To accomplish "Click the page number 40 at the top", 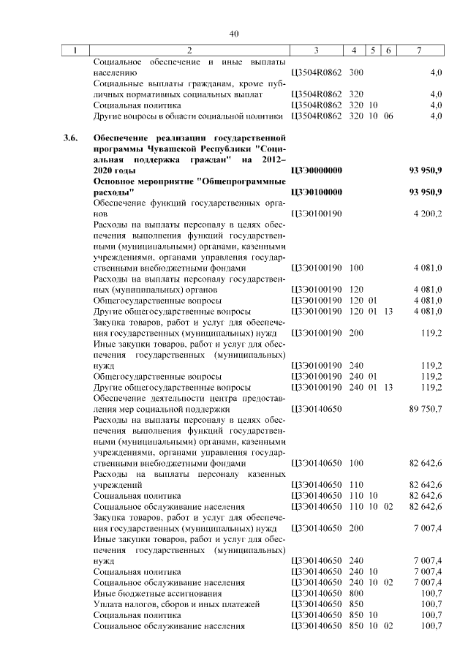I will pos(234,34).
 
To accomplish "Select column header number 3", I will pos(316,50).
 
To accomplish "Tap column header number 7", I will pos(418,50).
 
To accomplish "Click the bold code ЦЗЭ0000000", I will pos(317,170).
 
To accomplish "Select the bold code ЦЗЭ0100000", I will pos(317,192).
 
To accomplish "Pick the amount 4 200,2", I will pos(426,213).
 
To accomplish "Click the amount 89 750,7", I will pos(426,409).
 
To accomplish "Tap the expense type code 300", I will pos(357,73).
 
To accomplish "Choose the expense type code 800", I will pos(357,593).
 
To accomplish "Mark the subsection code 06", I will pos(388,116).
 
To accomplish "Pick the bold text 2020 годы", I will pos(116,170).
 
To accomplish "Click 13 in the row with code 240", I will pos(388,386).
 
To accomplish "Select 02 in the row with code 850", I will pos(388,625).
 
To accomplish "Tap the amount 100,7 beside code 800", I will pos(431,593).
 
